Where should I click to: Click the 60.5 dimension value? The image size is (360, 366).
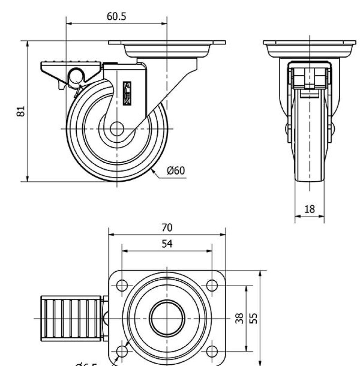pos(116,17)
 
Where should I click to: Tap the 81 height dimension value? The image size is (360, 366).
pos(22,111)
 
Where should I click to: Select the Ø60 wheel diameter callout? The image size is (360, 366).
pos(176,171)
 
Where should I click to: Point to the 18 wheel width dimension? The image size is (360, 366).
pos(310,209)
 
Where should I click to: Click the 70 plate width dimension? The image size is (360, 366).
pos(167,228)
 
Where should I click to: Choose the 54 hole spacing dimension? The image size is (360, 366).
pos(167,244)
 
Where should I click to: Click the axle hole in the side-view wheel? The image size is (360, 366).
pos(117,129)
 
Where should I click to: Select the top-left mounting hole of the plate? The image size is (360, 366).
pos(122,285)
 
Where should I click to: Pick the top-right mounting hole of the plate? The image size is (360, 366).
pos(212,285)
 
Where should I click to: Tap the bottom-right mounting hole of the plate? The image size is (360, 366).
pos(212,352)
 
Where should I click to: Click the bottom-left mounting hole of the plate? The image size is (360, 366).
pos(122,352)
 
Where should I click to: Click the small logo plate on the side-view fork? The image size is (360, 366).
pos(127,93)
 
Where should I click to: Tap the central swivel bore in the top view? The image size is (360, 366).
pos(167,318)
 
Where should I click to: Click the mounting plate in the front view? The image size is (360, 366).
pos(309,43)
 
